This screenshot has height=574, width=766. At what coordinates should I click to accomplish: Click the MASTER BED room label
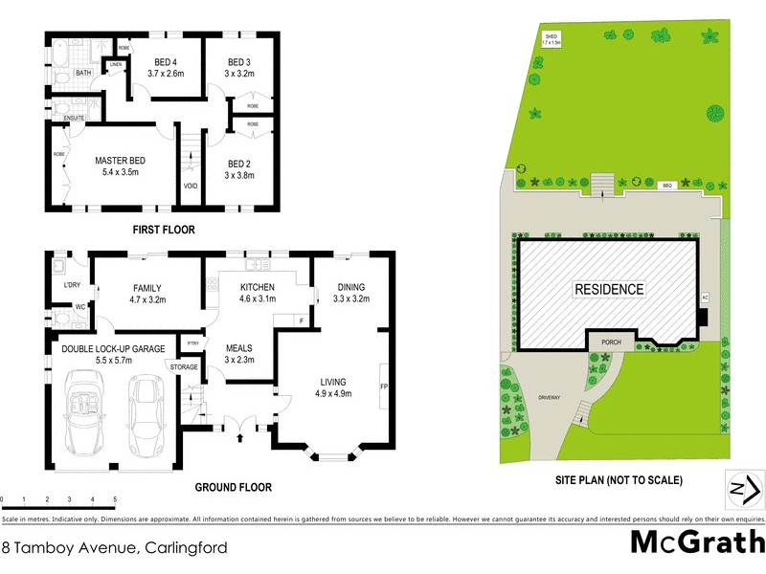120,160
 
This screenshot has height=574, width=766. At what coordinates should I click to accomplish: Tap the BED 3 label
237,62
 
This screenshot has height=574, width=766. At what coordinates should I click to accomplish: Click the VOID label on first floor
190,186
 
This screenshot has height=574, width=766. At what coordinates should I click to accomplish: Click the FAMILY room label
146,287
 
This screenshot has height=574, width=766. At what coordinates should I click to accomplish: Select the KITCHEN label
258,287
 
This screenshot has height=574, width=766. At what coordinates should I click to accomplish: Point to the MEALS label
238,347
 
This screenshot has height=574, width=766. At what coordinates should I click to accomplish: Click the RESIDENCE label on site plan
609,289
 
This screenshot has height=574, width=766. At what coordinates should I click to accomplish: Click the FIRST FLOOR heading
162,230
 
